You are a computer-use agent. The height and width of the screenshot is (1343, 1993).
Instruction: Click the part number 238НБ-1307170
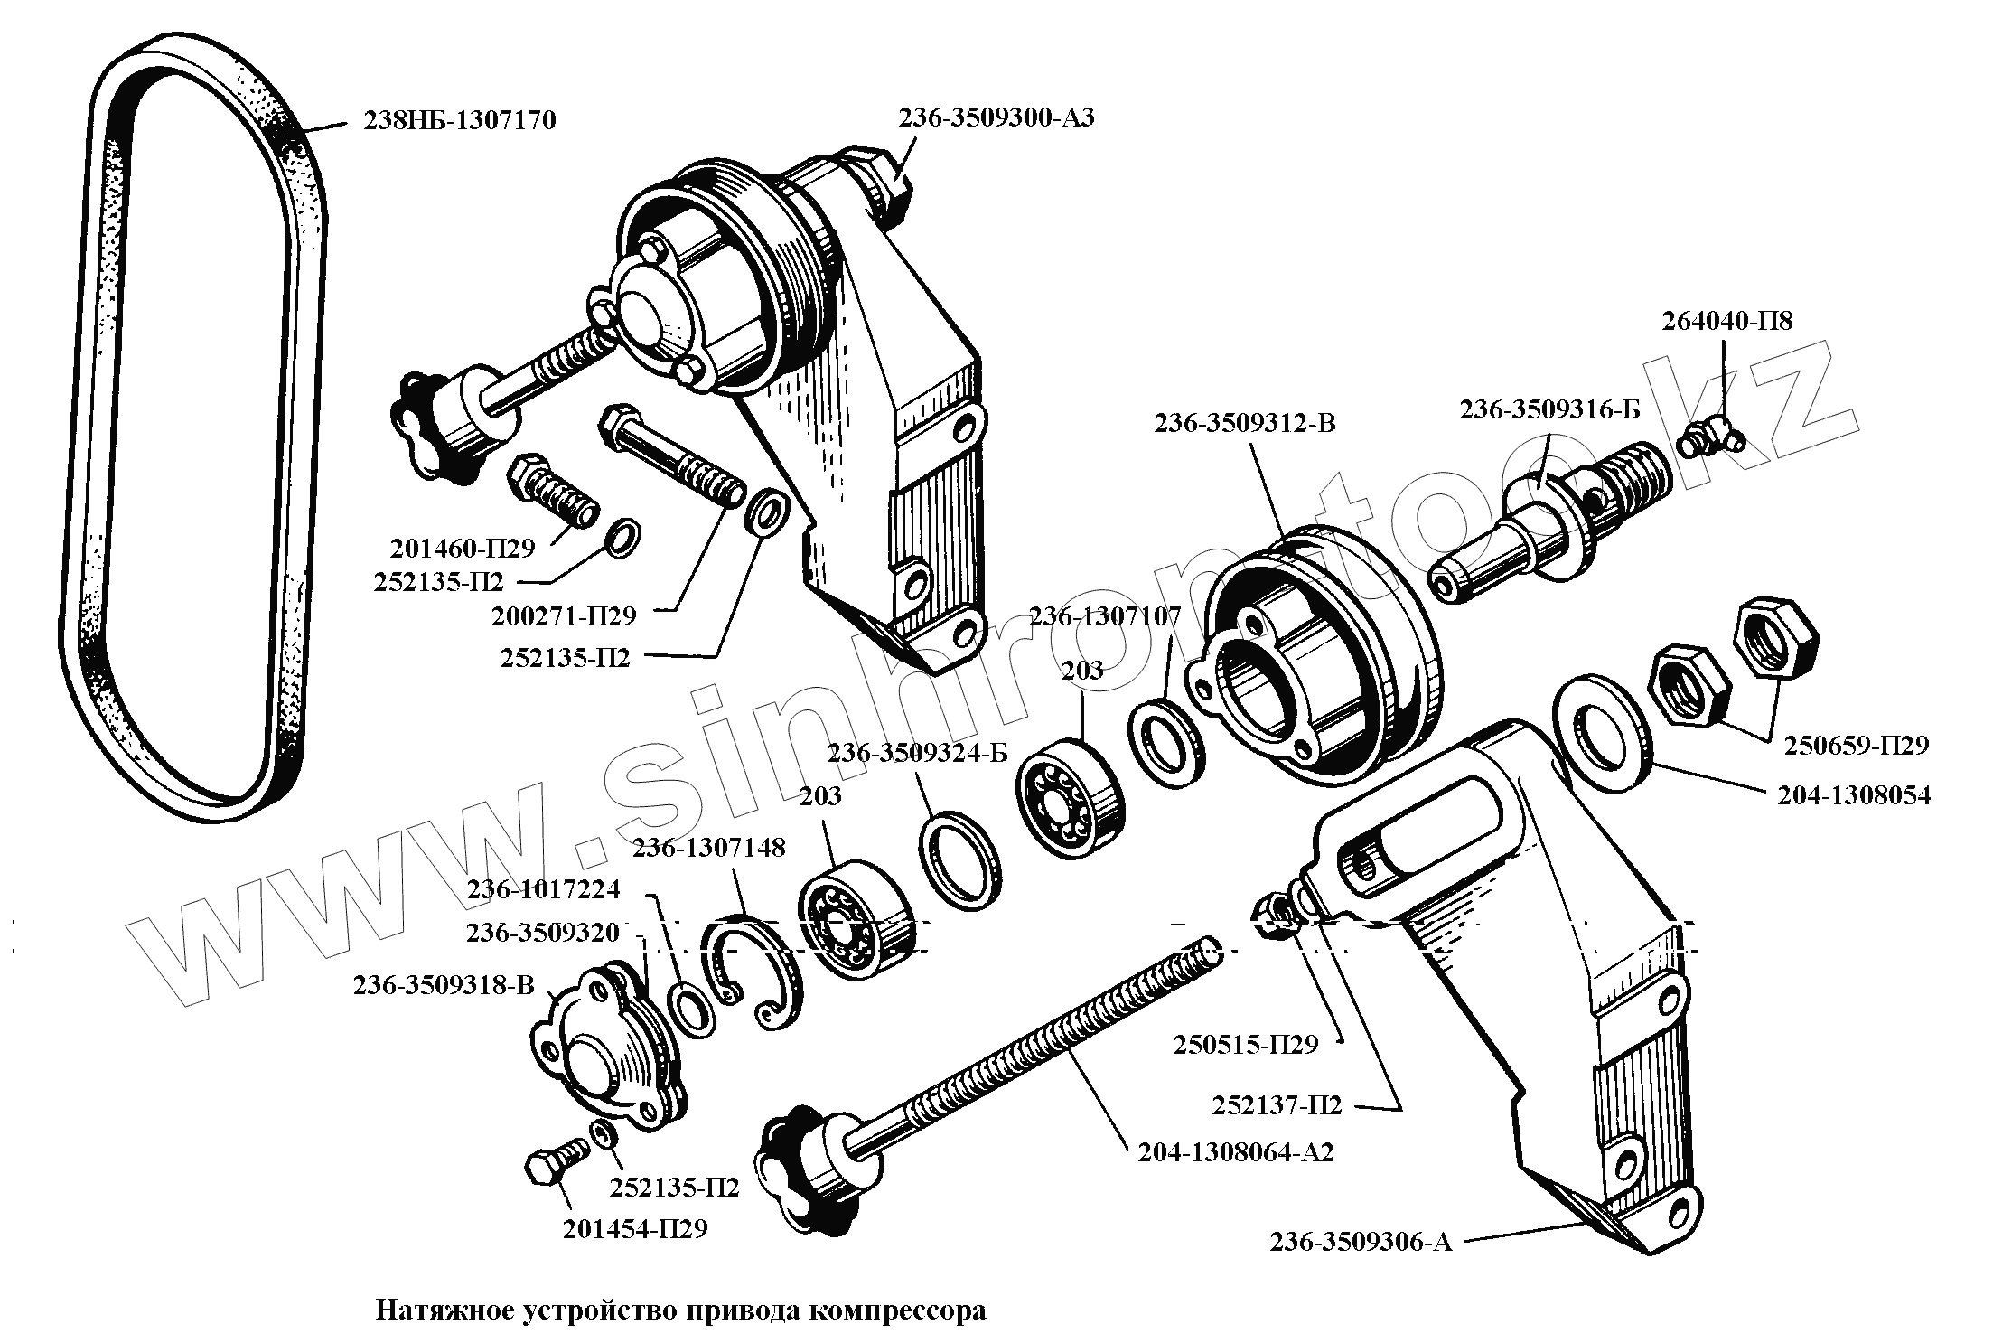pyautogui.click(x=460, y=120)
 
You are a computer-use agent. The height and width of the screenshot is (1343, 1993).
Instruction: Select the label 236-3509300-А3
pyautogui.click(x=996, y=118)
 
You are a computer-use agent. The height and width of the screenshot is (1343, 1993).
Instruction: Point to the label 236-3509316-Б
pyautogui.click(x=1550, y=409)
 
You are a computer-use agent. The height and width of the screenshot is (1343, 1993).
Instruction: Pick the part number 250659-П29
pyautogui.click(x=1856, y=746)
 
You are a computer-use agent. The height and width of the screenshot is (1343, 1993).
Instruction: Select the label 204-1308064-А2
pyautogui.click(x=1235, y=1152)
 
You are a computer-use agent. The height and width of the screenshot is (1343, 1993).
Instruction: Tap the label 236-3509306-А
pyautogui.click(x=1361, y=1244)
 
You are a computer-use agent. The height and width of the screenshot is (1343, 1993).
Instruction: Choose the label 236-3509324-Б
pyautogui.click(x=917, y=753)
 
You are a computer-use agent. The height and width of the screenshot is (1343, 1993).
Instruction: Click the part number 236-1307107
pyautogui.click(x=1105, y=616)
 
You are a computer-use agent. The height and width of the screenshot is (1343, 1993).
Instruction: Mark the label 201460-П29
pyautogui.click(x=463, y=548)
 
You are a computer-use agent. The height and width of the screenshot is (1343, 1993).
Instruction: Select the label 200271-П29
pyautogui.click(x=564, y=616)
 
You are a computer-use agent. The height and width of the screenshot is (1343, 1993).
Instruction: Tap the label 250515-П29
pyautogui.click(x=1246, y=1045)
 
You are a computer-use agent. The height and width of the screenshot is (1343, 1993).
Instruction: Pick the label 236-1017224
pyautogui.click(x=543, y=889)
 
